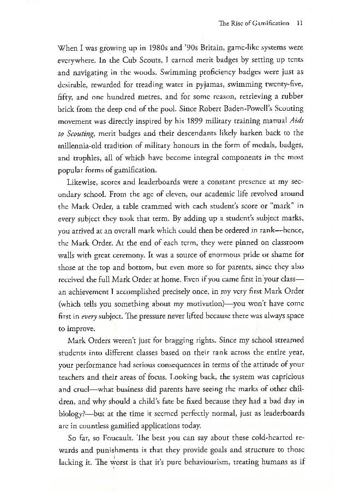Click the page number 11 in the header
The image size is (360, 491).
292,24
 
